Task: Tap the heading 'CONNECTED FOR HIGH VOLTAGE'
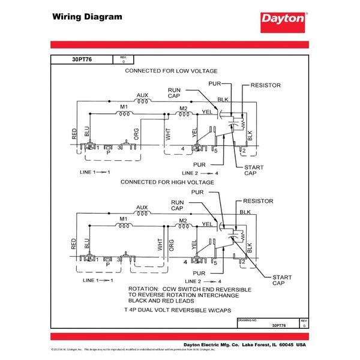click(167, 181)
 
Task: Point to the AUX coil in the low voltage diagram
click(142, 101)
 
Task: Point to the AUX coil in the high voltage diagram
click(142, 213)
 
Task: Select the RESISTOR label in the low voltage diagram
click(266, 86)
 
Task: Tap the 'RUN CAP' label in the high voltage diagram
click(178, 205)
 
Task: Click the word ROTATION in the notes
click(145, 289)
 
